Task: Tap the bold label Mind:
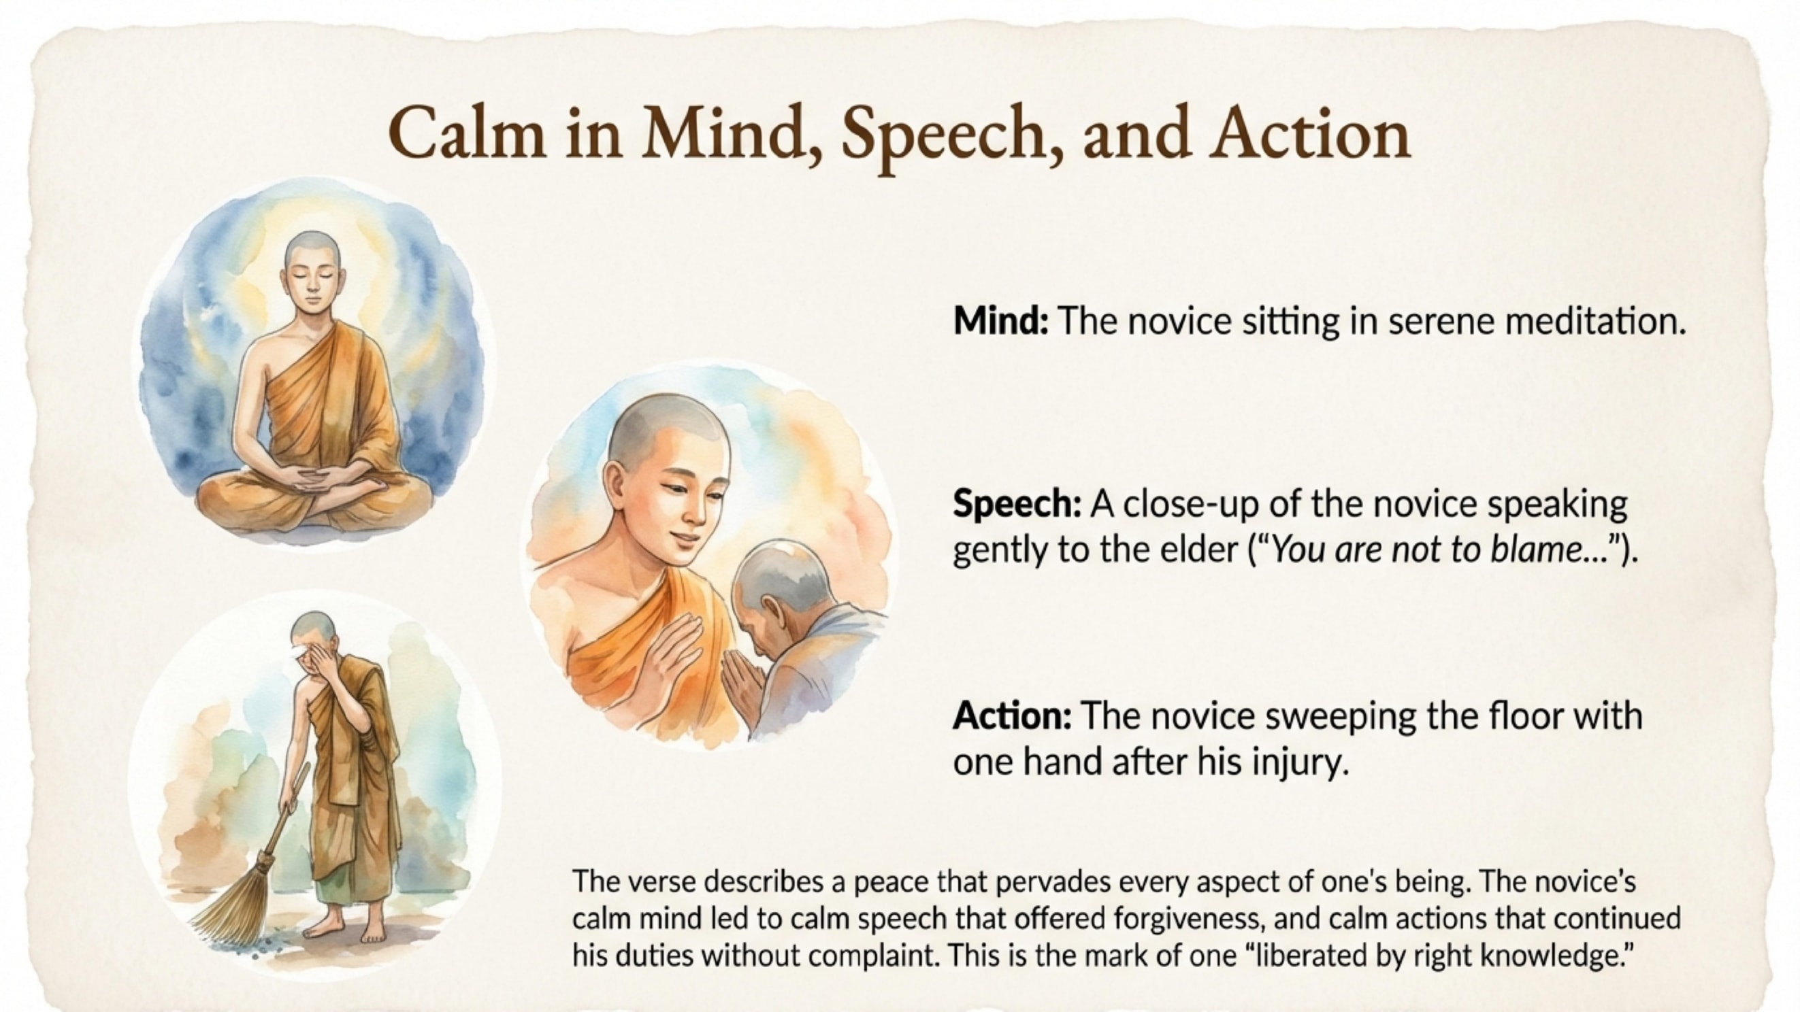coord(1000,322)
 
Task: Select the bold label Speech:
coord(1017,503)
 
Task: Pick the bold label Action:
coord(1012,716)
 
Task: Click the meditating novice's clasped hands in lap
coord(312,482)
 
